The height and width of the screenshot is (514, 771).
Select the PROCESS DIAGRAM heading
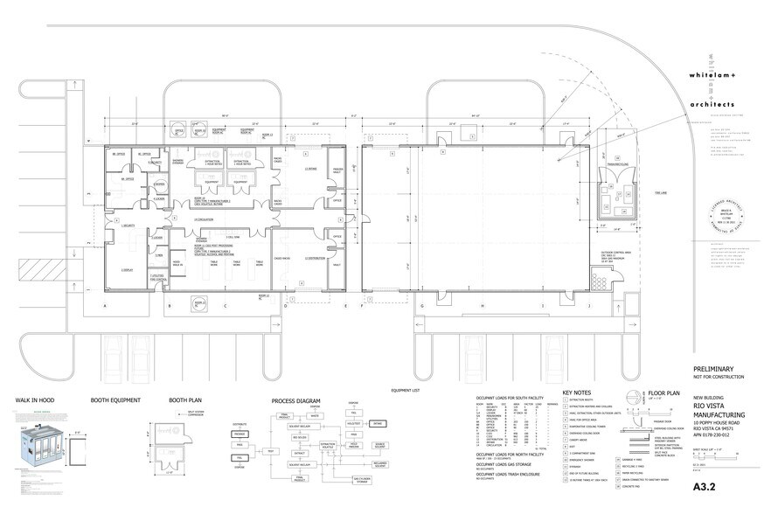coord(297,401)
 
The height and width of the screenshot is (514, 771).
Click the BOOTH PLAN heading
coord(185,401)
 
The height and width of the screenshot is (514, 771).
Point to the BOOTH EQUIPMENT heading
coord(116,401)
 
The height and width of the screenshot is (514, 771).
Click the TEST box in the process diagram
coord(271,450)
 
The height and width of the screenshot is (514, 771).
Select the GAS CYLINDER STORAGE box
coord(359,479)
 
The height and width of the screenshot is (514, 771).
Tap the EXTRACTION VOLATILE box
coord(328,445)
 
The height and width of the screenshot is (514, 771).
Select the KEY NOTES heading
coord(579,393)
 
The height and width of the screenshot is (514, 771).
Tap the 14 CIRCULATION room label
coord(204,219)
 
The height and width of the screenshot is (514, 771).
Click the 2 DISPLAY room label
coord(127,270)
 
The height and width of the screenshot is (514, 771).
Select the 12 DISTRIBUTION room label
coord(316,259)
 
